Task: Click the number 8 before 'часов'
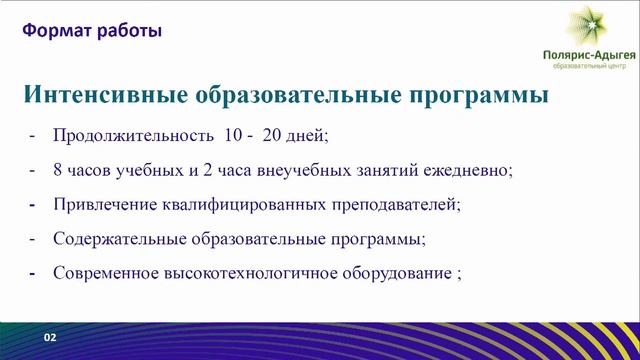click(x=59, y=170)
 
